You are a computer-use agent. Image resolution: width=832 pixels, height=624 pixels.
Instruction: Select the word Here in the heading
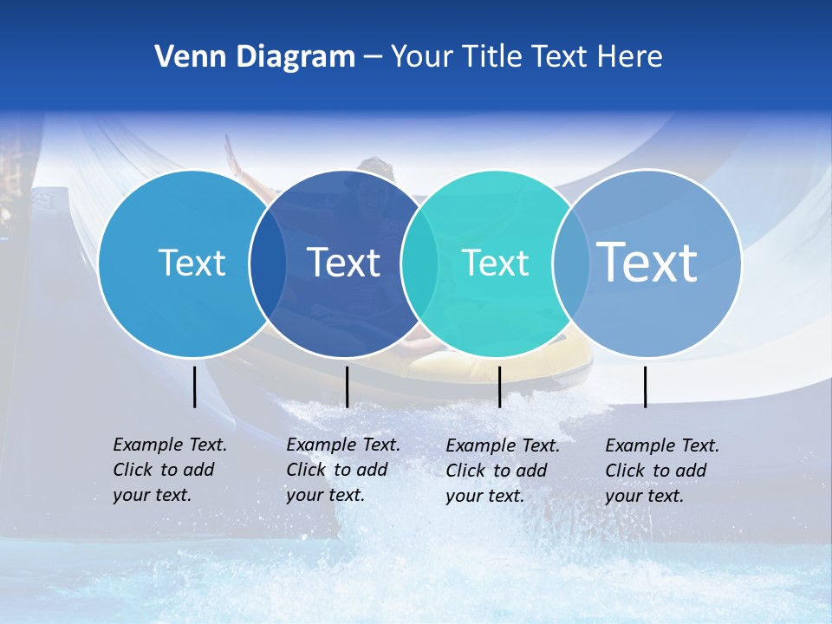pyautogui.click(x=630, y=57)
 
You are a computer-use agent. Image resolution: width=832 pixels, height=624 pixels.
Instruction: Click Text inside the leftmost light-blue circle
pyautogui.click(x=192, y=263)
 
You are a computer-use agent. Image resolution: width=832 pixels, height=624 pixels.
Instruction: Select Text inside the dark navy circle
pyautogui.click(x=343, y=263)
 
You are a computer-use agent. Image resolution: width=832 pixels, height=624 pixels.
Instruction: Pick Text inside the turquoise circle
pyautogui.click(x=495, y=263)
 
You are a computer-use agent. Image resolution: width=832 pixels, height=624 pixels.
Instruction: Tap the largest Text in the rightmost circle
pyautogui.click(x=647, y=262)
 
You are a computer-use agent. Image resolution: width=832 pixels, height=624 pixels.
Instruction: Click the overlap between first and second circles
pyautogui.click(x=268, y=263)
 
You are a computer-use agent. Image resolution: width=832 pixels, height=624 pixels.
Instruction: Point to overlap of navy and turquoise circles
pyautogui.click(x=419, y=263)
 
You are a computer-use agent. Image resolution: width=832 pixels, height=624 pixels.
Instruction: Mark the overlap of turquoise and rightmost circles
pyautogui.click(x=571, y=263)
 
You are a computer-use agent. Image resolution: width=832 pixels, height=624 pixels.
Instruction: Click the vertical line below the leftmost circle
pyautogui.click(x=194, y=387)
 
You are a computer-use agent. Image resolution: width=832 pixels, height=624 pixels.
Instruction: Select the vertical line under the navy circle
pyautogui.click(x=347, y=387)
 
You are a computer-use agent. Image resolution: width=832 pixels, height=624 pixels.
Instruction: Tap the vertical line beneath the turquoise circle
pyautogui.click(x=499, y=387)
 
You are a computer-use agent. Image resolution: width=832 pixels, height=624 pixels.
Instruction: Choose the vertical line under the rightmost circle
pyautogui.click(x=645, y=387)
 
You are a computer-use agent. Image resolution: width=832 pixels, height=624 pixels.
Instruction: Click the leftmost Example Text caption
pyautogui.click(x=169, y=470)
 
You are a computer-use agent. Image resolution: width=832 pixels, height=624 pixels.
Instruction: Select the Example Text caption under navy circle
pyautogui.click(x=342, y=470)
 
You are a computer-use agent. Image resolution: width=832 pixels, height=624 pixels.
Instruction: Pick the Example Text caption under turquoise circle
pyautogui.click(x=502, y=471)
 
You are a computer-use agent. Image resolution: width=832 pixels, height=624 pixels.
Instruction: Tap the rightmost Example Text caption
pyautogui.click(x=661, y=471)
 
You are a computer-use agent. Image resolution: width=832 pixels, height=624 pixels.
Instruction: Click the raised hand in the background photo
pyautogui.click(x=230, y=156)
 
